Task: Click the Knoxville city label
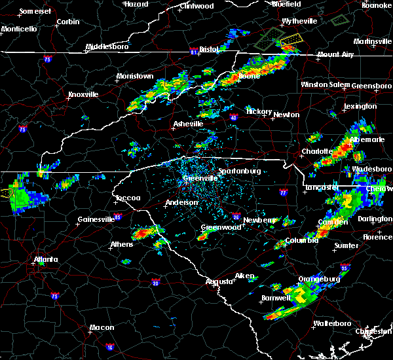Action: (x=83, y=94)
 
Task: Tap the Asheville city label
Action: (x=188, y=124)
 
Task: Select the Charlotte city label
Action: (x=316, y=151)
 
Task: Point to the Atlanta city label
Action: (x=47, y=259)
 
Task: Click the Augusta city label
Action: (x=219, y=281)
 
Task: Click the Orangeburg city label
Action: (x=319, y=279)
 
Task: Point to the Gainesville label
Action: (x=96, y=219)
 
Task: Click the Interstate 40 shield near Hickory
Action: (x=234, y=118)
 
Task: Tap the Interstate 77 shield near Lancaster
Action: (x=282, y=194)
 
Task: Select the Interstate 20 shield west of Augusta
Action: (x=155, y=283)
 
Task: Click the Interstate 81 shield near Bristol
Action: (x=194, y=50)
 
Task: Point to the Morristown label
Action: (x=135, y=77)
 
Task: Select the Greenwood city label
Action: (x=218, y=227)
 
